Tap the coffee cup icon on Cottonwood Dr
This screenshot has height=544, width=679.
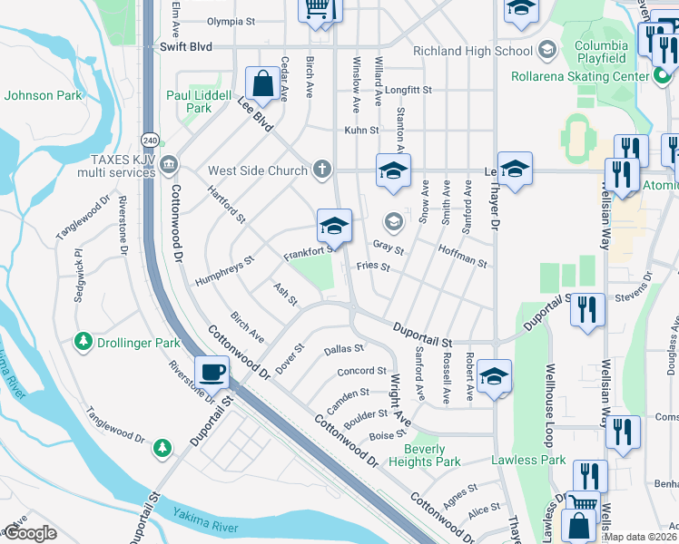213,371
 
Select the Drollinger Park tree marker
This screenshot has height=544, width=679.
84,342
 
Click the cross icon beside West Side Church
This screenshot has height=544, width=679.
320,170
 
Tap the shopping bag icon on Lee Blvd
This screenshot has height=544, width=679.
263,84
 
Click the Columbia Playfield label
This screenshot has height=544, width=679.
600,52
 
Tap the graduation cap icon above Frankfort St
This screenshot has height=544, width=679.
333,225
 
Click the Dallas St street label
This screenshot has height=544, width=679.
343,348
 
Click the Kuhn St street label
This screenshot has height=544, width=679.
360,131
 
